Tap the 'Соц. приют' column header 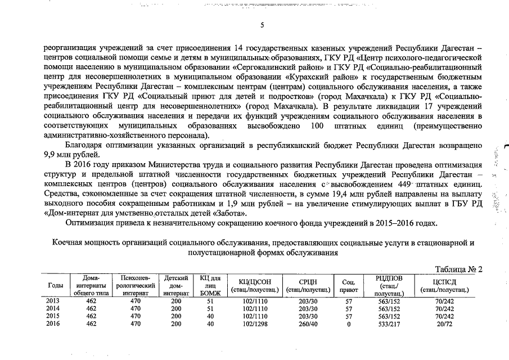348,286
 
